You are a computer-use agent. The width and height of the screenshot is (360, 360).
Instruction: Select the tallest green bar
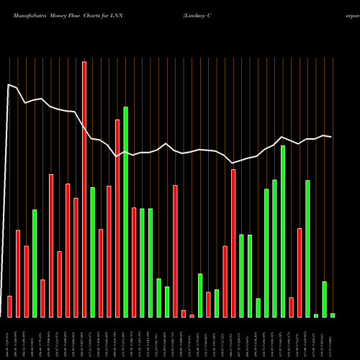click(x=126, y=212)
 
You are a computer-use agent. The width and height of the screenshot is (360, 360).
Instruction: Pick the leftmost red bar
click(x=9, y=306)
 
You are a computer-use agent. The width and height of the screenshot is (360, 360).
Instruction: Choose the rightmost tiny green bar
click(x=333, y=315)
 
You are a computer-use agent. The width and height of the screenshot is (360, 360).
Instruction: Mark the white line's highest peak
click(x=9, y=85)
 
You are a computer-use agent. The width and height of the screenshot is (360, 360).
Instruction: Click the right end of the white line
click(x=332, y=137)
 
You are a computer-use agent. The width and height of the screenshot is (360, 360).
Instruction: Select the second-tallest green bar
click(x=283, y=231)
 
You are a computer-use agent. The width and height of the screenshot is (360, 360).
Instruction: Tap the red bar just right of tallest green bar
click(x=134, y=262)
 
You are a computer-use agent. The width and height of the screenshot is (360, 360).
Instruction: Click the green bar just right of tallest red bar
click(x=93, y=252)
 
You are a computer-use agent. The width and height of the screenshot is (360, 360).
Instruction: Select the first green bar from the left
click(x=35, y=263)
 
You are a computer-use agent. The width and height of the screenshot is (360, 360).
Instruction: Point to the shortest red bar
click(x=192, y=315)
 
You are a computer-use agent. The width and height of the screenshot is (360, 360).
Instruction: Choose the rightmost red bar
click(x=300, y=272)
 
